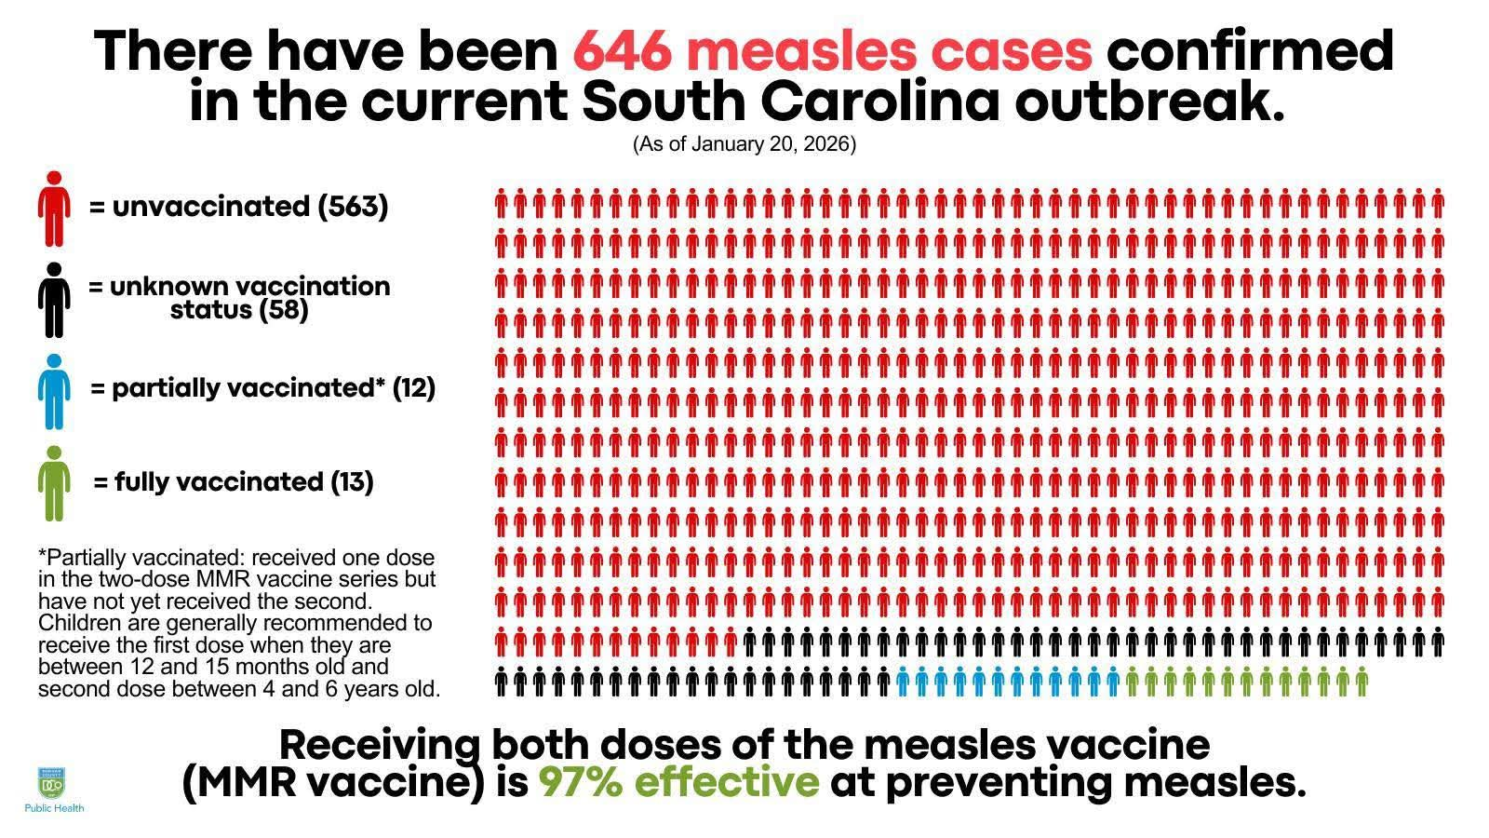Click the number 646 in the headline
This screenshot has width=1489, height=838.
[621, 50]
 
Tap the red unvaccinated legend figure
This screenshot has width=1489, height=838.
[54, 209]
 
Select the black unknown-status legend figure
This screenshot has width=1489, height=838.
[54, 300]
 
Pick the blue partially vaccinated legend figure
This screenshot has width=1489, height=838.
[54, 391]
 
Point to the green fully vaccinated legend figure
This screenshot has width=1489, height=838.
[54, 482]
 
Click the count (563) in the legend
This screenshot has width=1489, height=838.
[353, 206]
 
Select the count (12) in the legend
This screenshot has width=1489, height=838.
[414, 387]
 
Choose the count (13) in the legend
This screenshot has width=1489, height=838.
[352, 481]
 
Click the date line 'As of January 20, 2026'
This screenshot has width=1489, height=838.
[744, 144]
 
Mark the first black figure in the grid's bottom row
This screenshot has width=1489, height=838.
[501, 683]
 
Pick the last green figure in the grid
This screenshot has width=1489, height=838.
[1362, 683]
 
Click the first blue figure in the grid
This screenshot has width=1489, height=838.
[903, 683]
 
